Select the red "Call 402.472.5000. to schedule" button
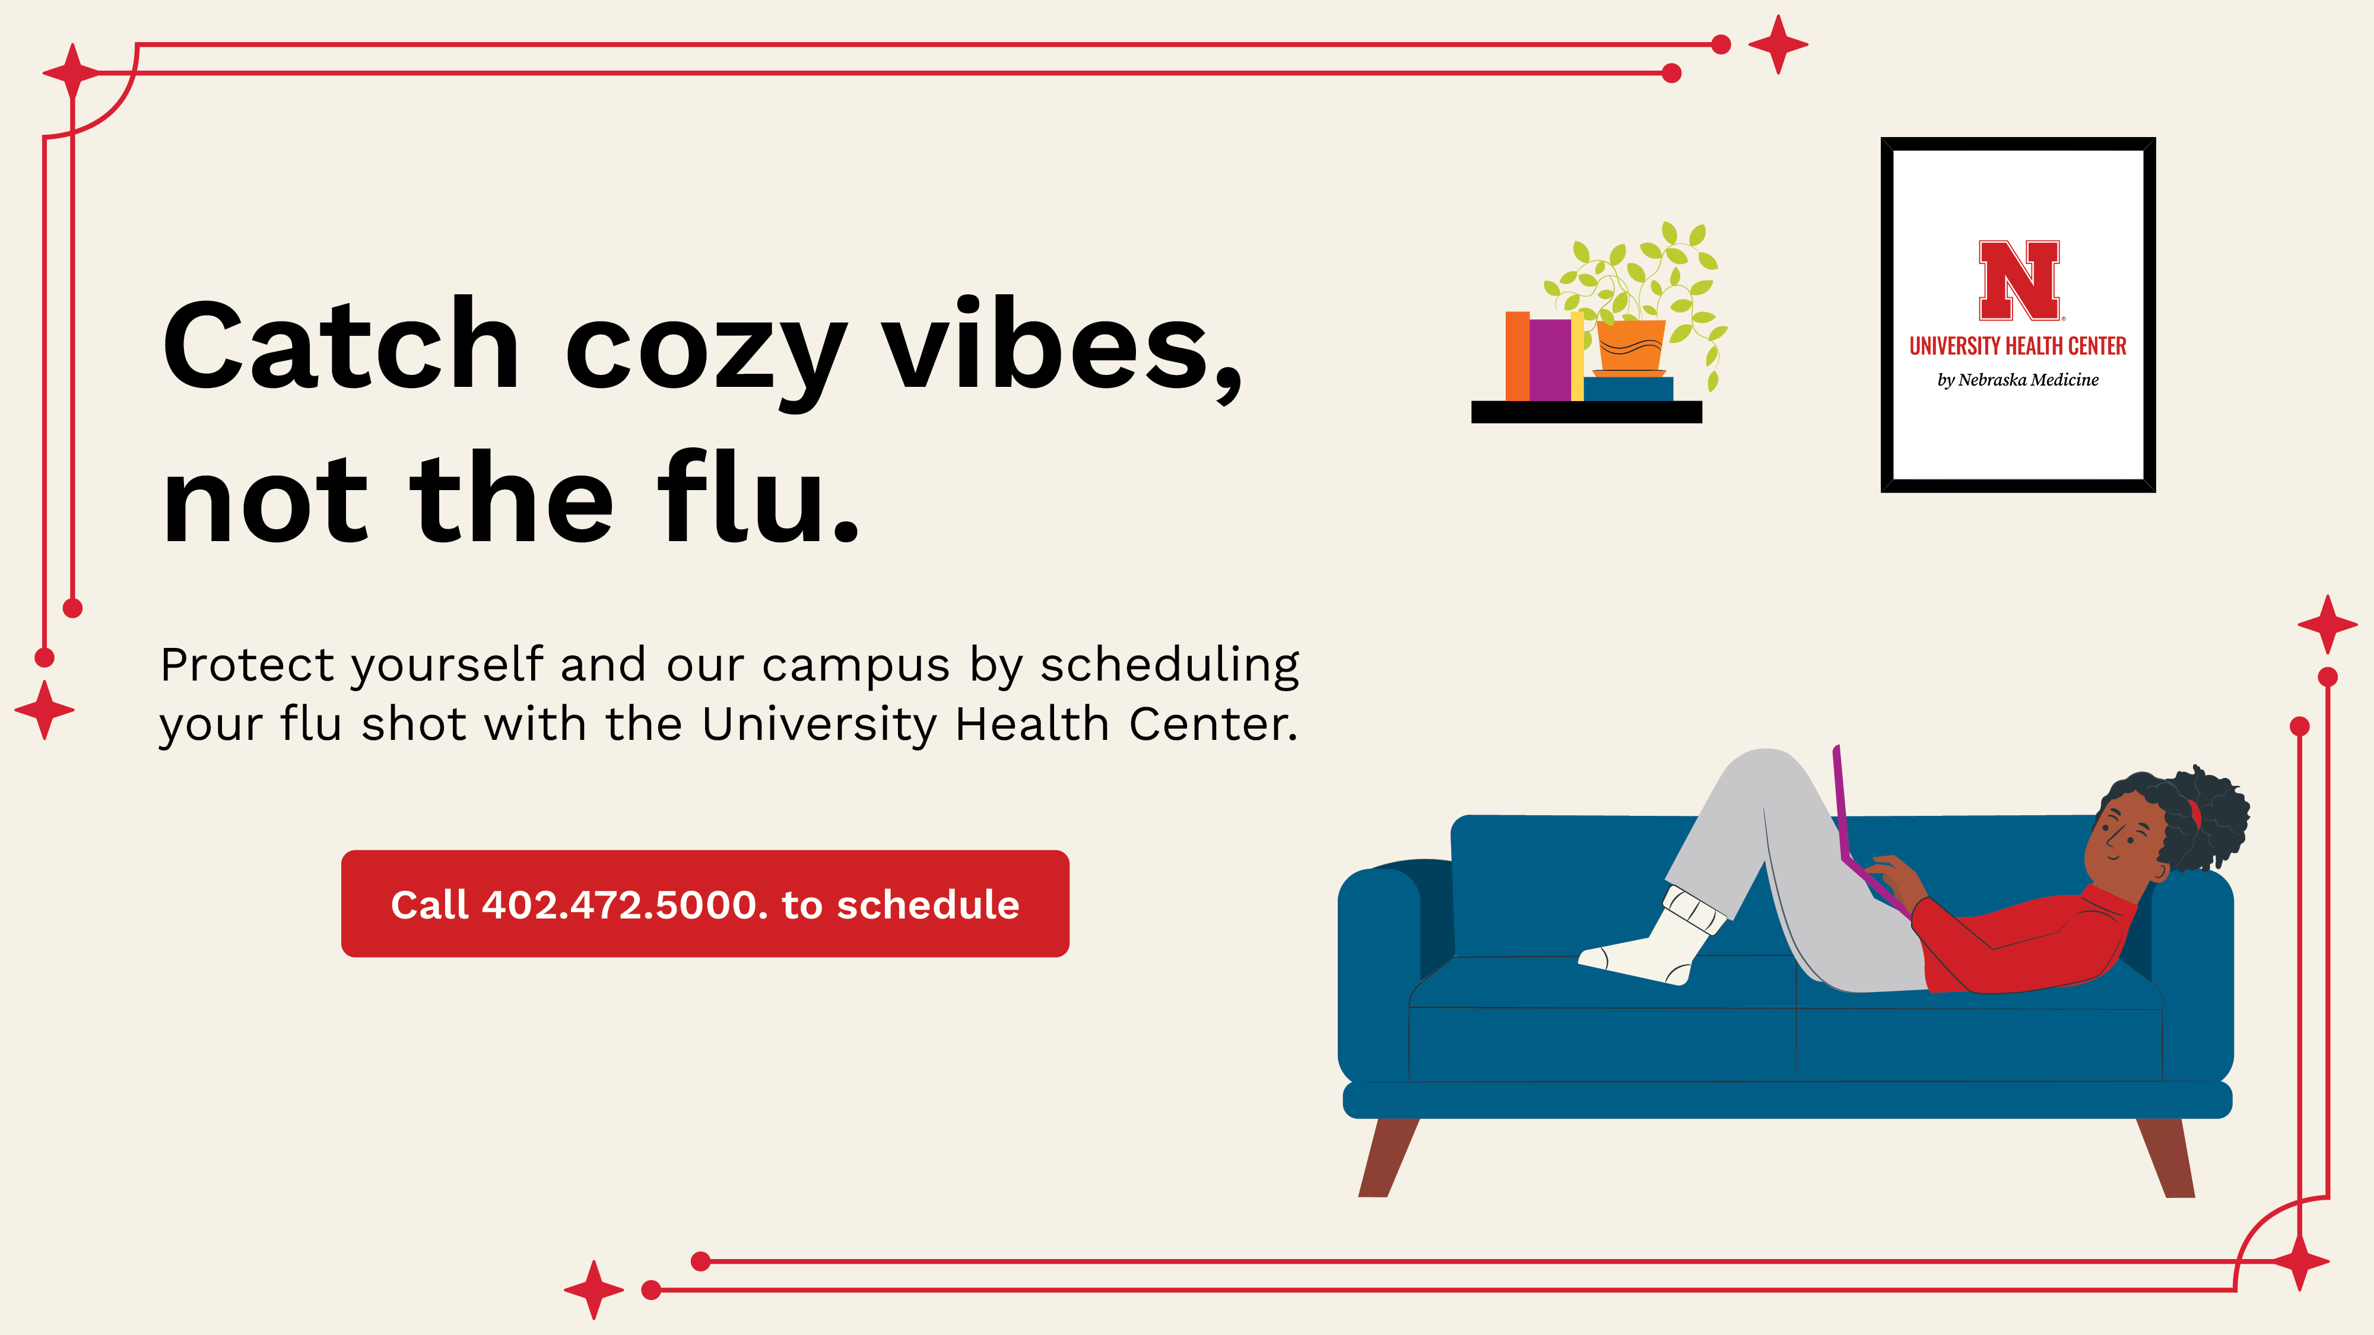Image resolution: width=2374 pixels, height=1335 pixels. click(x=705, y=904)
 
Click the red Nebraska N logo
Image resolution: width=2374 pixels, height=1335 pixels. click(x=2018, y=280)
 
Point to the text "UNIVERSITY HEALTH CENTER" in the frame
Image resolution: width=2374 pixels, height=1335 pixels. click(x=2017, y=347)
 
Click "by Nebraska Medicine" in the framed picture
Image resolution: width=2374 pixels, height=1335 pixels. click(x=2017, y=380)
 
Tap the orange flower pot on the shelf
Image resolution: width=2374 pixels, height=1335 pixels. click(x=1630, y=348)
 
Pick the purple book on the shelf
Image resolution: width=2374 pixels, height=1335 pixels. click(x=1550, y=360)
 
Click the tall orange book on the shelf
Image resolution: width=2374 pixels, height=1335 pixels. click(x=1517, y=355)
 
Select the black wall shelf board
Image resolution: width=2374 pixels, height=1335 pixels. click(x=1586, y=412)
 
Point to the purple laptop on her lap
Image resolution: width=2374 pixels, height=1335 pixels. click(x=1862, y=829)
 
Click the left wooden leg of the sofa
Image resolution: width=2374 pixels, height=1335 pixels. click(x=1388, y=1157)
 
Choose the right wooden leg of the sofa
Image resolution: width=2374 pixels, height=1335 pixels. click(x=2167, y=1157)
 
